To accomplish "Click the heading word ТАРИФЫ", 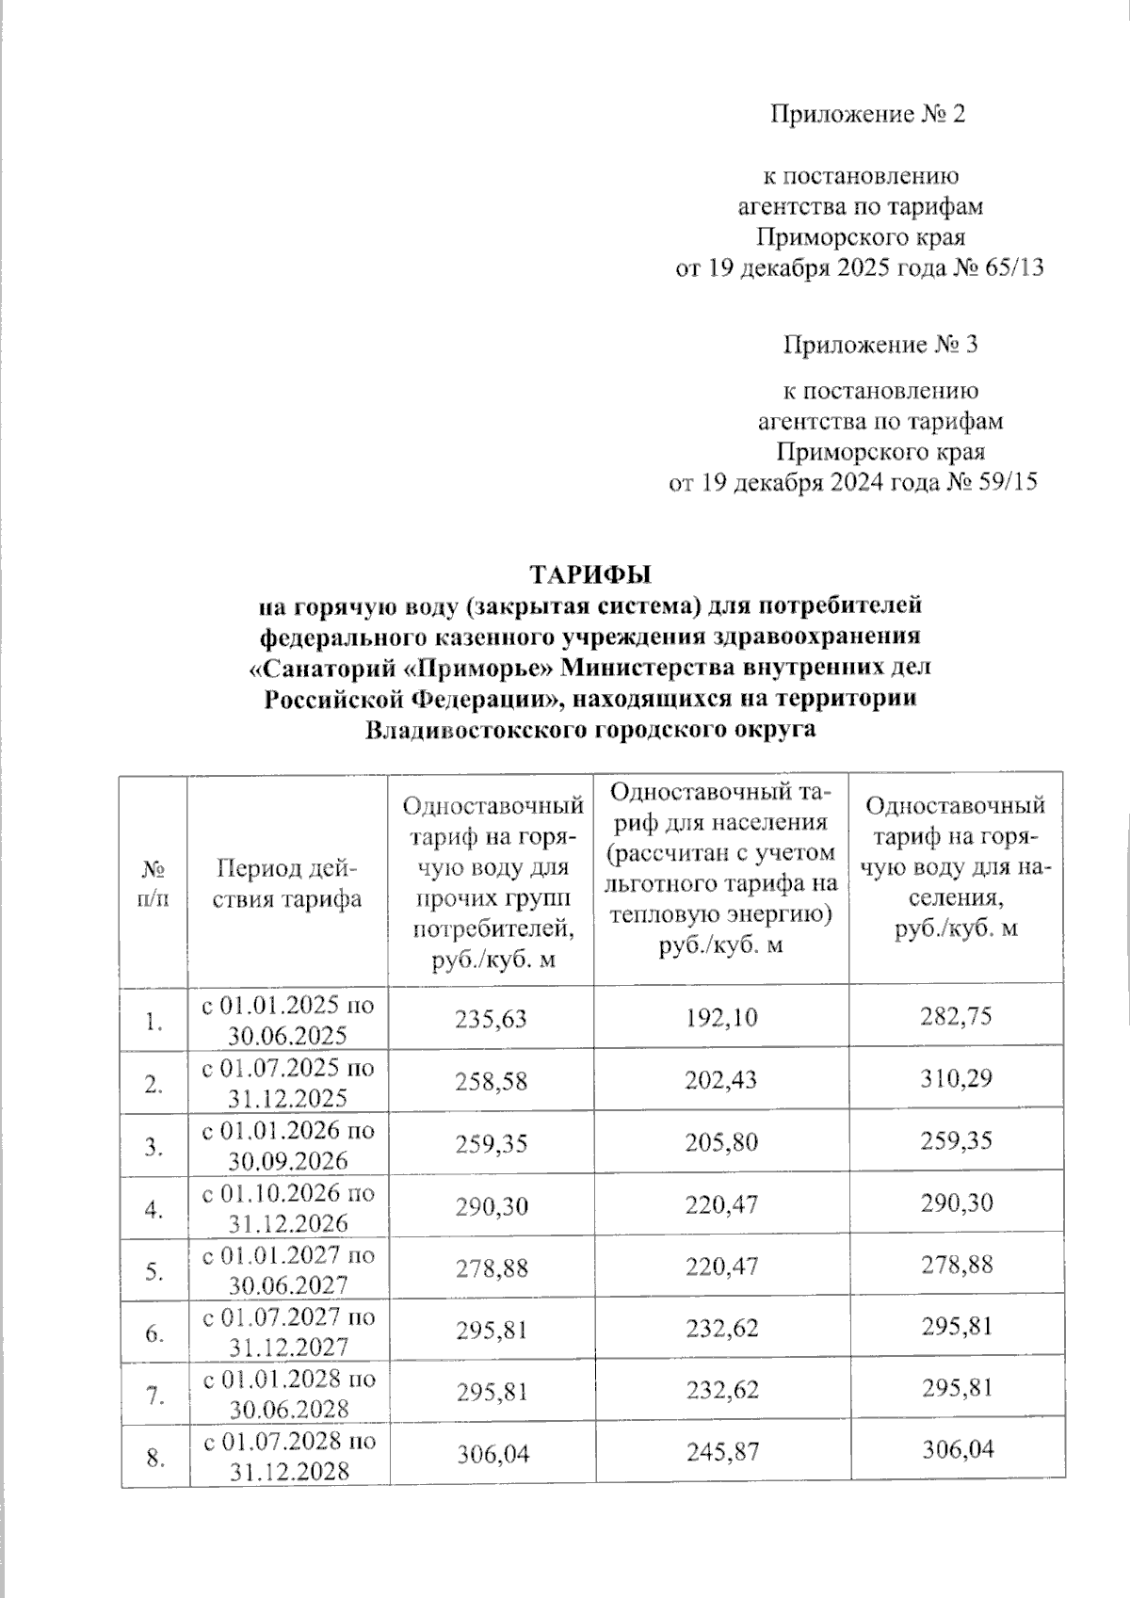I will pos(590,574).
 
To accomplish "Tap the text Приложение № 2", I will pos(867,115).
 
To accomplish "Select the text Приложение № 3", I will pos(880,345).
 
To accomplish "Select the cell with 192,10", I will pos(720,1018).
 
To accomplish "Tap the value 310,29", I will pos(955,1080).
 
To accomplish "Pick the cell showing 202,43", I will pos(720,1080).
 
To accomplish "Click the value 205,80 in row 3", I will pos(720,1141).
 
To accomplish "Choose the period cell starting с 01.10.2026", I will pos(288,1204).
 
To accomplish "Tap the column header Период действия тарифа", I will pos(288,882).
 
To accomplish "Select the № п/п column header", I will pos(153,882).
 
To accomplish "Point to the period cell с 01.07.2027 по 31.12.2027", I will pos(288,1330).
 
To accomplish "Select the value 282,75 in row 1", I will pos(955,1018).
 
